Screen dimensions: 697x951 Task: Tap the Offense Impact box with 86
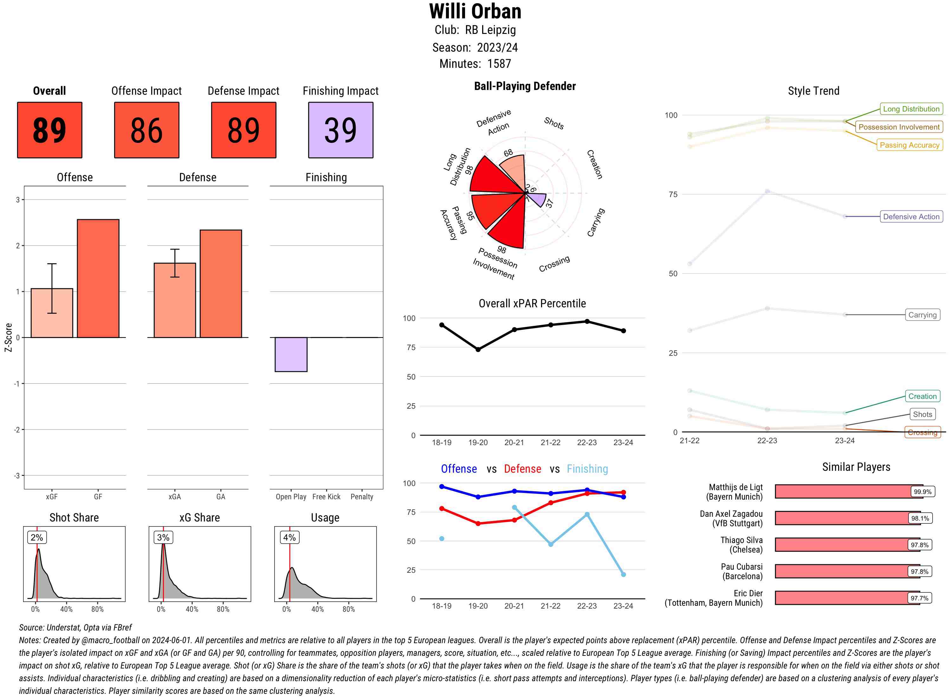pyautogui.click(x=146, y=130)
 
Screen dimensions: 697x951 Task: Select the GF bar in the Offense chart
pyautogui.click(x=98, y=278)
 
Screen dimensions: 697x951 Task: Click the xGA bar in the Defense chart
pyautogui.click(x=175, y=300)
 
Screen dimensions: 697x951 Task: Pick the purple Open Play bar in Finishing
pyautogui.click(x=291, y=355)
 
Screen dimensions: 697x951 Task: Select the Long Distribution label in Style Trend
pyautogui.click(x=911, y=109)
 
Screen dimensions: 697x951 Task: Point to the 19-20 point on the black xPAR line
pyautogui.click(x=478, y=349)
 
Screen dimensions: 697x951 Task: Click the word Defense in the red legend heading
pyautogui.click(x=522, y=469)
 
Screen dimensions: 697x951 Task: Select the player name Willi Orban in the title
pyautogui.click(x=475, y=11)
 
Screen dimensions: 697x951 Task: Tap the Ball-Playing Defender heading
pyautogui.click(x=525, y=86)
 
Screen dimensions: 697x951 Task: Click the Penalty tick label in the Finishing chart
pyautogui.click(x=362, y=496)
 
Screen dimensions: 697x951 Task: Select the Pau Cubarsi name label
pyautogui.click(x=742, y=571)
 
